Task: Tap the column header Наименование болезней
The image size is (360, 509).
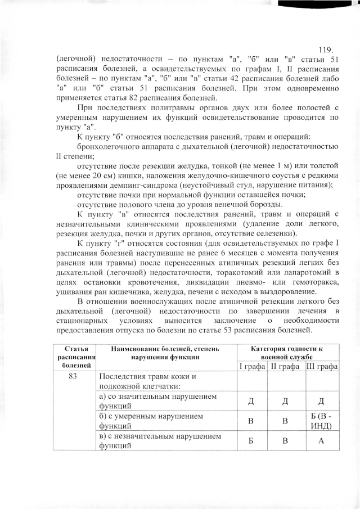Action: coord(165,353)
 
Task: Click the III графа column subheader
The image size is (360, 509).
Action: coord(321,366)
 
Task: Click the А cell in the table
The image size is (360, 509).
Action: coord(321,440)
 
